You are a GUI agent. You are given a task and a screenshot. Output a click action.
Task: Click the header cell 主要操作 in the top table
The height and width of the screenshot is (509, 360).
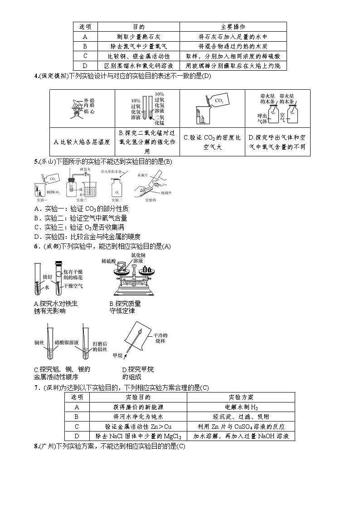[233, 27]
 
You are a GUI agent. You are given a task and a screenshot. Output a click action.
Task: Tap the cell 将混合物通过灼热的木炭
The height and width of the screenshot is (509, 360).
[233, 46]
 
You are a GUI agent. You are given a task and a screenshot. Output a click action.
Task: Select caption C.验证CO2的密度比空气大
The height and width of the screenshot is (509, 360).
[212, 141]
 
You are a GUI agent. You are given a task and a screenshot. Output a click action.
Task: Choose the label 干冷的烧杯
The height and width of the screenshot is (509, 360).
[161, 338]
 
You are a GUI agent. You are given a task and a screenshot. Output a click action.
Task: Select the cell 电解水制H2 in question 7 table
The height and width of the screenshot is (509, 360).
[240, 407]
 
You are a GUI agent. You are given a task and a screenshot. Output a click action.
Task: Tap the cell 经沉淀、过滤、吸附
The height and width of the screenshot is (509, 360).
[240, 417]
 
